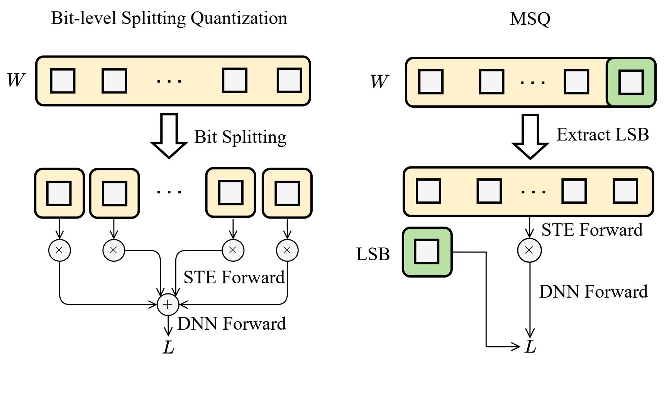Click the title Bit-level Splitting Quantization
click(169, 18)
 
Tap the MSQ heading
click(530, 19)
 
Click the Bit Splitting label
click(240, 137)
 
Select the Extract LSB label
click(602, 135)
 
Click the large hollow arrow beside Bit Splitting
click(169, 135)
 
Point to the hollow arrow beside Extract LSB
click(530, 136)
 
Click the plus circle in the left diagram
click(168, 305)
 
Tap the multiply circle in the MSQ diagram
click(529, 250)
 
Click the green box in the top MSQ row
click(631, 82)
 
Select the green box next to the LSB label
click(427, 252)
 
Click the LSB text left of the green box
click(373, 254)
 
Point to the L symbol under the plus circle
click(168, 347)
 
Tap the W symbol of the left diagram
click(16, 80)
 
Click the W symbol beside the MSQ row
click(379, 81)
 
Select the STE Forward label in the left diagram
click(234, 278)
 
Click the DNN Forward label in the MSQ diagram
click(593, 292)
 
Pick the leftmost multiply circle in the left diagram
click(59, 250)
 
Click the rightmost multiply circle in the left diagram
click(287, 250)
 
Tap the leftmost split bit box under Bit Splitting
click(59, 193)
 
